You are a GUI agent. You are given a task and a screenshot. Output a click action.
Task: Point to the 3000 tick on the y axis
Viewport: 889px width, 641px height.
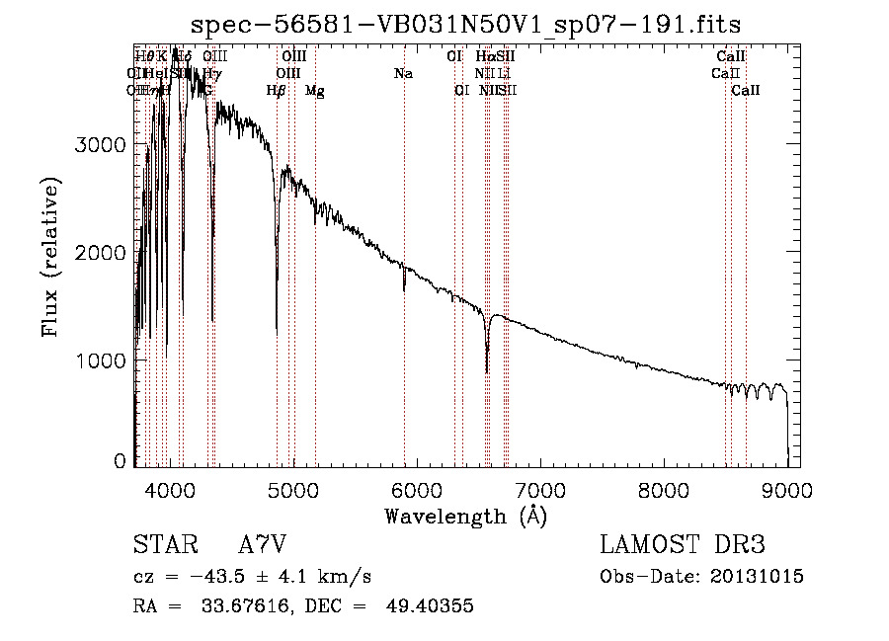point(101,144)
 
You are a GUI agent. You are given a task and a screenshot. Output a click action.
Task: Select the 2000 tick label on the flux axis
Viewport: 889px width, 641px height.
point(101,253)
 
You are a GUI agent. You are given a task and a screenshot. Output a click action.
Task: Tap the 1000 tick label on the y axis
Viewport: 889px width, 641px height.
point(101,361)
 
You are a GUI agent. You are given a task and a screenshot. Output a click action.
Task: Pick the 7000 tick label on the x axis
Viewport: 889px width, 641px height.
point(540,490)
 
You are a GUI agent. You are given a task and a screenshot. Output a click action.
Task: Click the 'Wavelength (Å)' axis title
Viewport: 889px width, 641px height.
point(465,516)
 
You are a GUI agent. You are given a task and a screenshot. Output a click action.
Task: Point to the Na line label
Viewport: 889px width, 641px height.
point(403,73)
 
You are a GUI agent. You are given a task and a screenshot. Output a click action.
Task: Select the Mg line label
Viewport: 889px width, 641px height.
point(315,91)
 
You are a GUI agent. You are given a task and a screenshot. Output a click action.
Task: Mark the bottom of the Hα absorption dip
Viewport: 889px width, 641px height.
point(487,371)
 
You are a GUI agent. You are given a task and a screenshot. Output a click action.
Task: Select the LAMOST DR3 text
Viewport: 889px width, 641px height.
point(683,545)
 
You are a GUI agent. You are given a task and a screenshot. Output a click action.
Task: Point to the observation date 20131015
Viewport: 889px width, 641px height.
point(757,576)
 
